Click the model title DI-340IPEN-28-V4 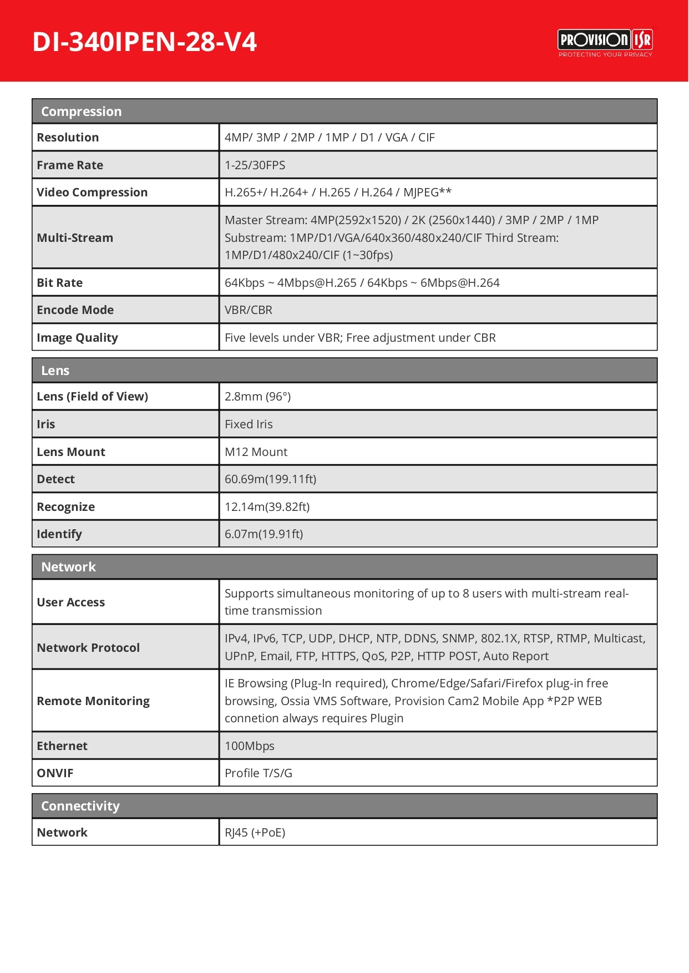pos(144,42)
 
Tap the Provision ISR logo pos(605,42)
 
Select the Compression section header pos(82,112)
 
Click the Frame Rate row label pos(70,165)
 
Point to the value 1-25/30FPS pos(255,165)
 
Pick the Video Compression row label pos(92,192)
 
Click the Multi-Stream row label pos(75,238)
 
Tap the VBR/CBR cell pos(249,310)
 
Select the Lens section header pos(55,371)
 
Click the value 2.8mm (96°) pos(257,397)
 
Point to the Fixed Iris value pos(249,424)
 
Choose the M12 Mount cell pos(256,452)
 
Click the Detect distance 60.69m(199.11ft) pos(270,479)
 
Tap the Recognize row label pos(65,507)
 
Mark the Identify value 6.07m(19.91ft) pos(264,534)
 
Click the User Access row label pos(70,602)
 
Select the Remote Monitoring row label pos(93,701)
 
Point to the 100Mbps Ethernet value pos(249,746)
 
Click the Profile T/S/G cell pos(258,773)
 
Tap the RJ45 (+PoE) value pos(255,833)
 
